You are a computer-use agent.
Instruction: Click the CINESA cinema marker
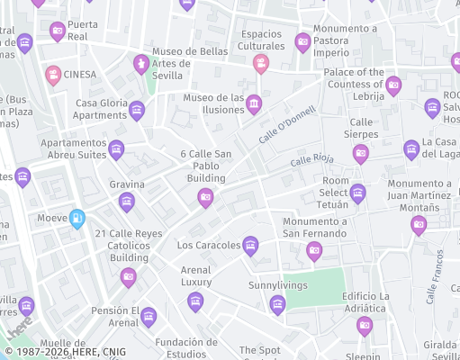point(53,74)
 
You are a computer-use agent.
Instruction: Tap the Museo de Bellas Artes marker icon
point(140,64)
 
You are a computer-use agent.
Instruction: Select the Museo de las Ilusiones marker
point(254,104)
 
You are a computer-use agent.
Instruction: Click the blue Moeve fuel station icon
point(77,218)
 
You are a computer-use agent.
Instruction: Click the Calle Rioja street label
point(311,160)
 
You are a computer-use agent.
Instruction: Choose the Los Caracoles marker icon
point(250,245)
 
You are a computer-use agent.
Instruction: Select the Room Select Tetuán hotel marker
point(358,193)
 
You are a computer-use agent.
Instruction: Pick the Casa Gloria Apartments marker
point(137,111)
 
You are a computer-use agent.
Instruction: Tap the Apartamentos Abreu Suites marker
point(116,149)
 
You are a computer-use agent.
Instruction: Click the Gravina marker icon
point(127,201)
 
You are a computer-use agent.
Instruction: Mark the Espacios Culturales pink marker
point(260,63)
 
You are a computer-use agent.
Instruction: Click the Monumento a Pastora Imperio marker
point(303,41)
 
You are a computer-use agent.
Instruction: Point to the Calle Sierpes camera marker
point(361,153)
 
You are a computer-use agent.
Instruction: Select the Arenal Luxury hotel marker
point(195,301)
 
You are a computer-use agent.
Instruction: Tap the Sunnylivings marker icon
point(277,303)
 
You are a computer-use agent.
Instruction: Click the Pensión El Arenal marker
point(148,316)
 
